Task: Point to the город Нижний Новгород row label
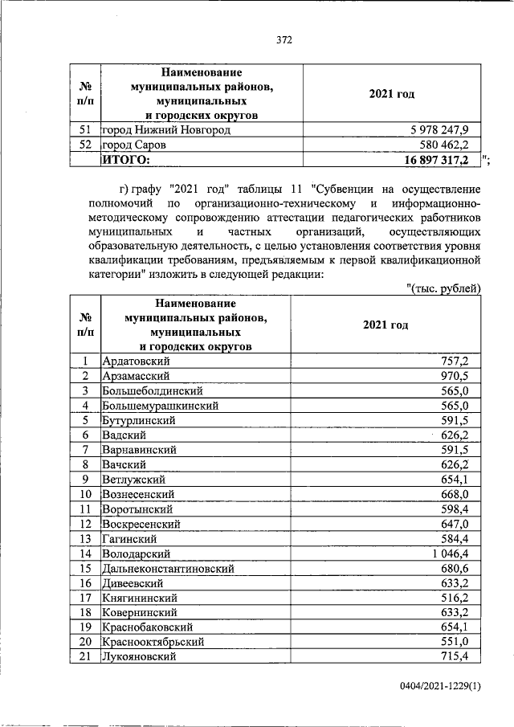(159, 129)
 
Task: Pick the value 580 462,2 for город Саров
(452, 145)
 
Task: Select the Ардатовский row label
(136, 361)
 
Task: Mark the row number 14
(85, 553)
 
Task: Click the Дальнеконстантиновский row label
(168, 568)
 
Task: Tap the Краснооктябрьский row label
(153, 642)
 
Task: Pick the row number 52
(85, 145)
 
